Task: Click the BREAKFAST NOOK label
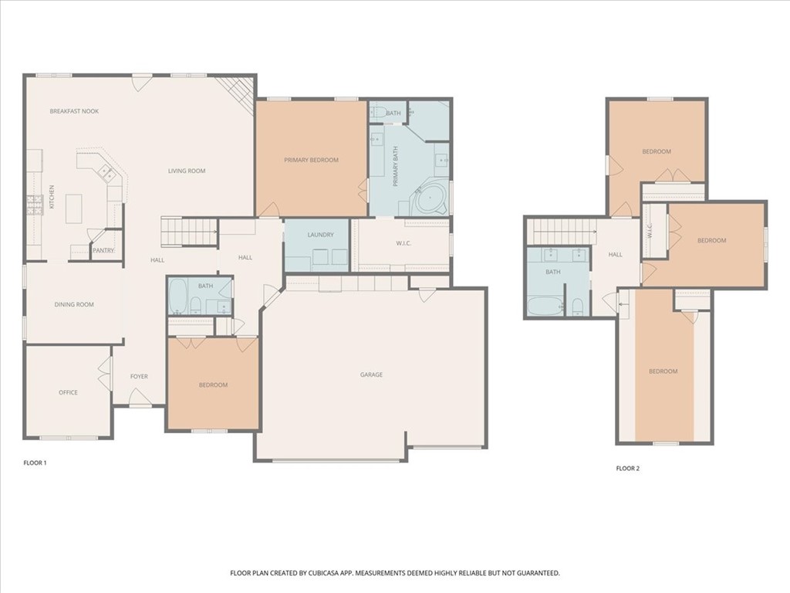74,111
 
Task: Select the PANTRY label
103,250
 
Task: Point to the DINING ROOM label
74,304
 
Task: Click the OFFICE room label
68,392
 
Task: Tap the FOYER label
139,377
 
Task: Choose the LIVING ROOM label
187,171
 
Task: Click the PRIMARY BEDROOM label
311,160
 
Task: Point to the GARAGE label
371,374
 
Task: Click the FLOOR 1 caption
35,463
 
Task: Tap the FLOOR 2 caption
627,468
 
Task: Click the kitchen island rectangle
73,208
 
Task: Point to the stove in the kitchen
35,205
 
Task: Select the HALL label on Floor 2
615,254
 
